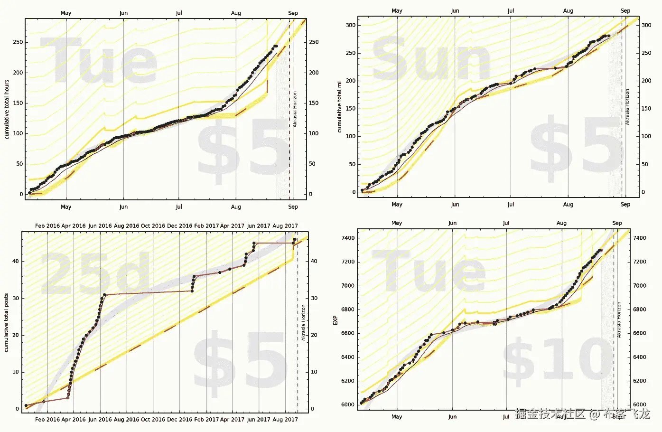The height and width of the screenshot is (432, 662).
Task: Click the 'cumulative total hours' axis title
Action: [7, 109]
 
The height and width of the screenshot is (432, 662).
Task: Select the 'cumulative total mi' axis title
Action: [339, 106]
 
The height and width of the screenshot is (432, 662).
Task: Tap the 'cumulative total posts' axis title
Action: [6, 322]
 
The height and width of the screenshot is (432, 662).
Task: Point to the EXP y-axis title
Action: [336, 320]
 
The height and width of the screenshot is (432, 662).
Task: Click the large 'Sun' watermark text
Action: [431, 59]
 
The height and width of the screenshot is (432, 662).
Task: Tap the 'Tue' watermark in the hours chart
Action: [99, 61]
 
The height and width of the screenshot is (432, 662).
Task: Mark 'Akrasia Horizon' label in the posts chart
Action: [304, 322]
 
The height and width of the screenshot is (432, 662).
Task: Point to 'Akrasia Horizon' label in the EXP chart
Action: [619, 319]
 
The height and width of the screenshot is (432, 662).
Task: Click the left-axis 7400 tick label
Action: [348, 238]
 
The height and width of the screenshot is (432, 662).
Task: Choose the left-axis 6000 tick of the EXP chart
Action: [348, 404]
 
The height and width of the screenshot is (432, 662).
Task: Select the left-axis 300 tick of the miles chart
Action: [350, 25]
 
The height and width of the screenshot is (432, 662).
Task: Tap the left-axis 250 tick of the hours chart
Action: [18, 42]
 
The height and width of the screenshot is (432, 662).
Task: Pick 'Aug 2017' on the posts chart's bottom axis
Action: [285, 420]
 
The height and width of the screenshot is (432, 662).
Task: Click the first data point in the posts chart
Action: [26, 405]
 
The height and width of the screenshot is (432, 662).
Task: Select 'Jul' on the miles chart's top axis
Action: [511, 11]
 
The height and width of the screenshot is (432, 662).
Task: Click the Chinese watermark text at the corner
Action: [582, 414]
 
